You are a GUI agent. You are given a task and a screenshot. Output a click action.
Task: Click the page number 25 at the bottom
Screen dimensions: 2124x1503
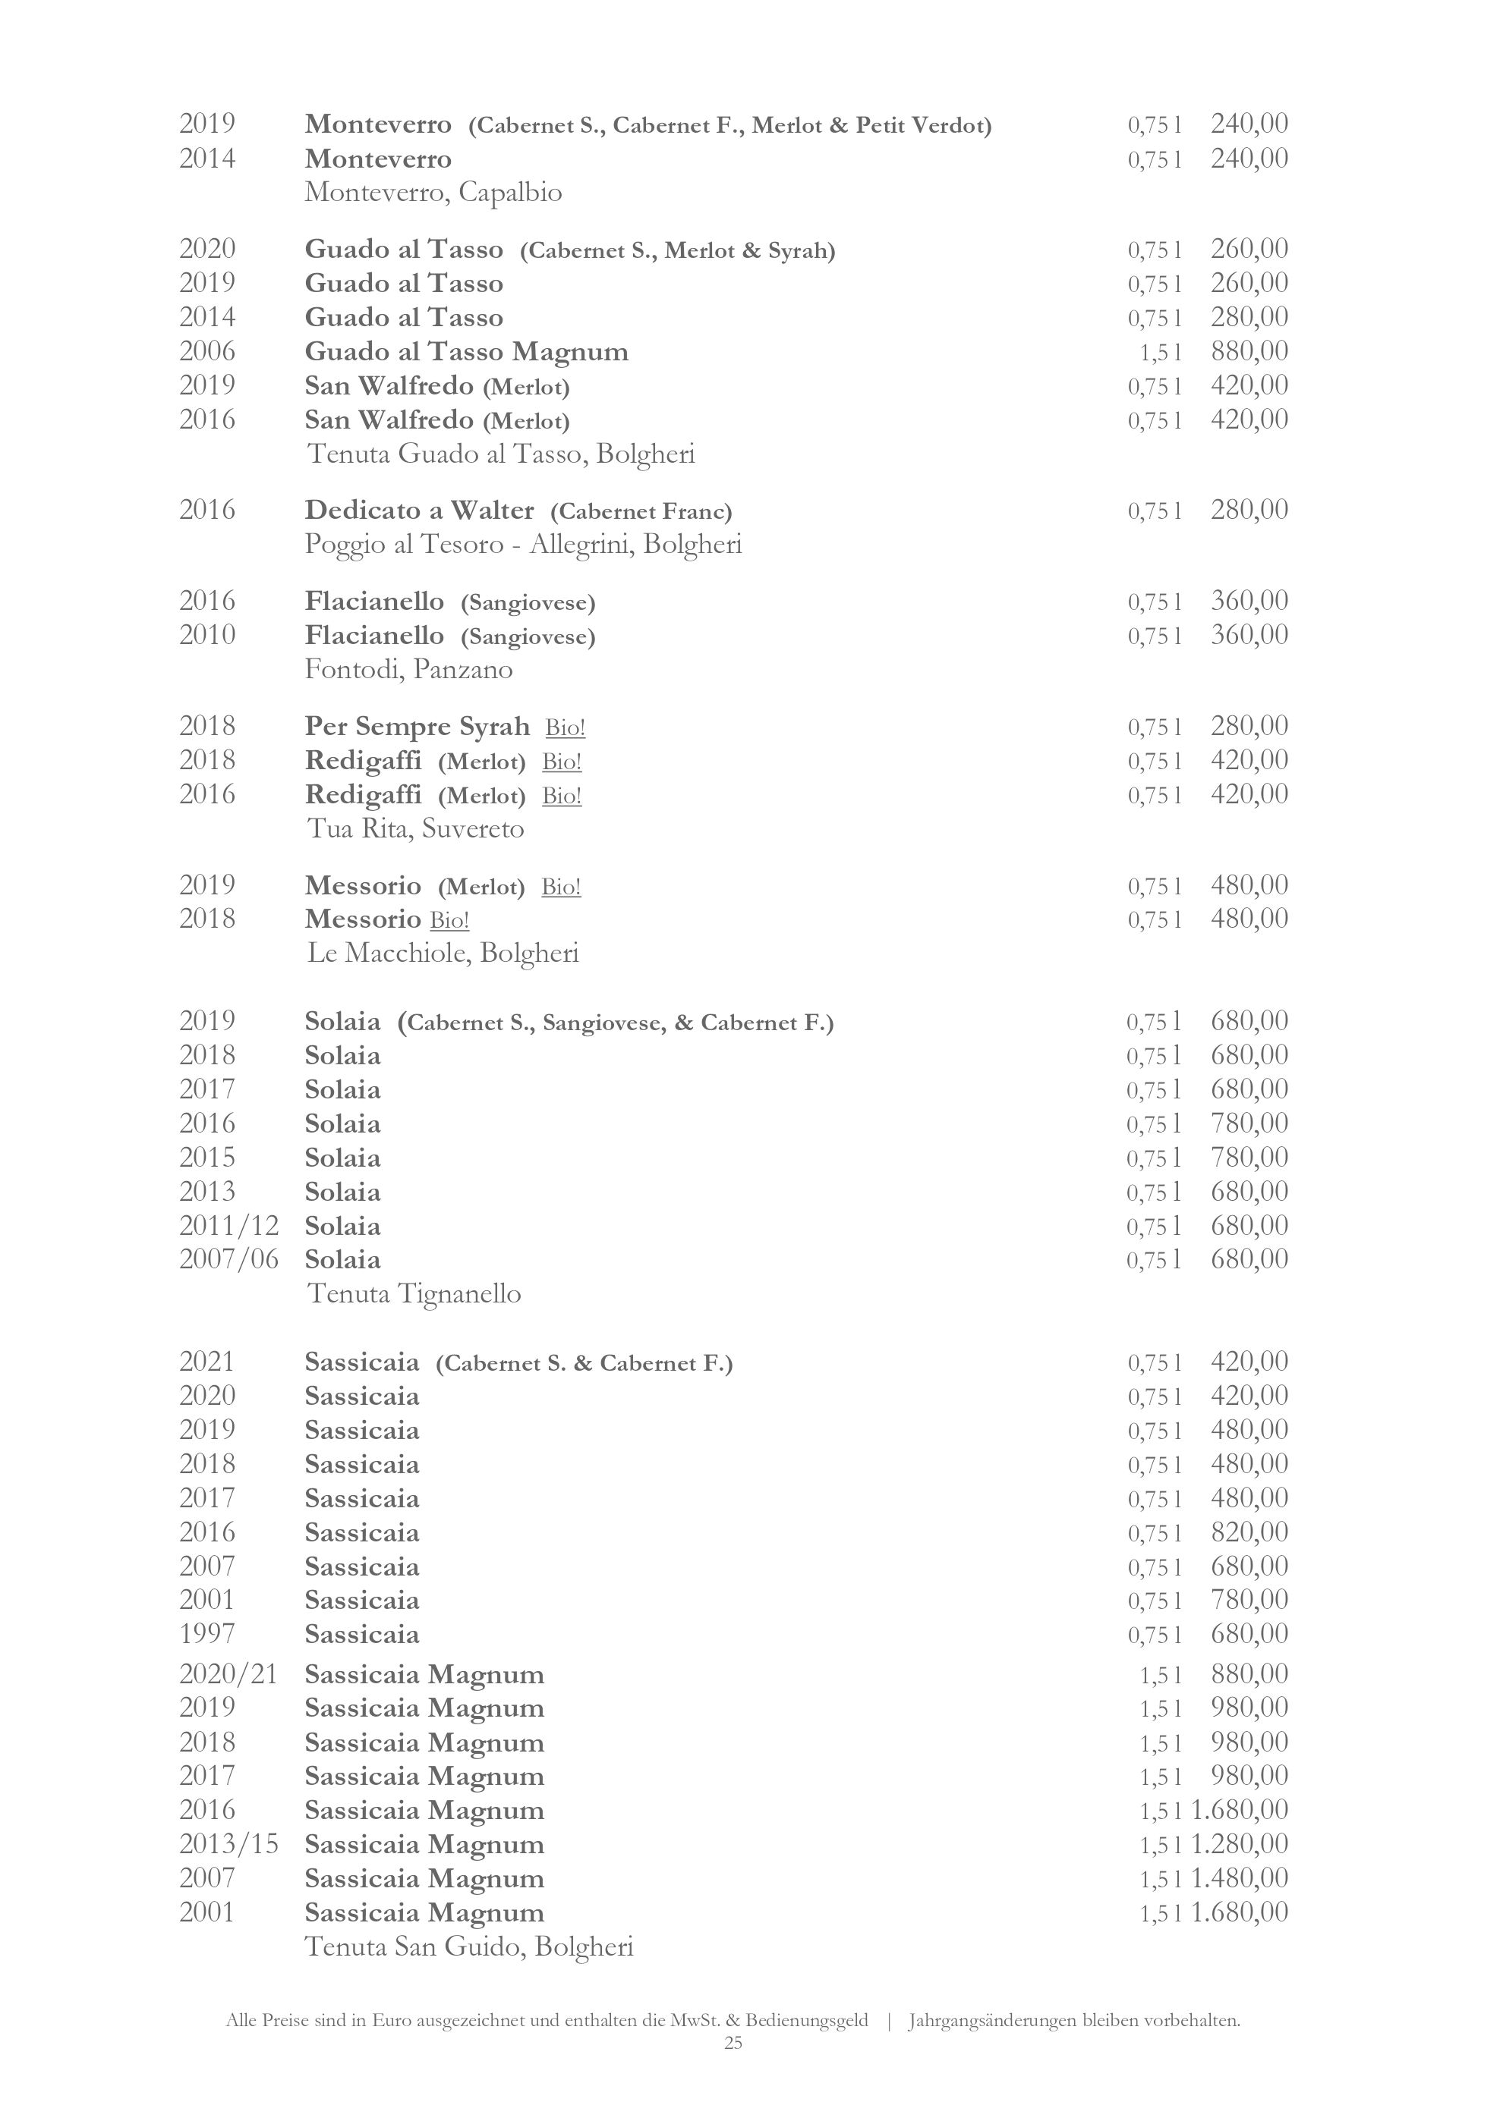click(733, 2043)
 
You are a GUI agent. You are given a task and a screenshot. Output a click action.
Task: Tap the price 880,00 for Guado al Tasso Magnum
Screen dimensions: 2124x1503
click(1249, 351)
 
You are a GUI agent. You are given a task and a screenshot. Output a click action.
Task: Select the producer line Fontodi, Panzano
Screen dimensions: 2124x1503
click(408, 669)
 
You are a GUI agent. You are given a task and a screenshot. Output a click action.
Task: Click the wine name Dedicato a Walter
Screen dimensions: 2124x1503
click(419, 511)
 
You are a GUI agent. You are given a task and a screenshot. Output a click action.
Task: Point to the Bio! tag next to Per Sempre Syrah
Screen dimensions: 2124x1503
click(565, 728)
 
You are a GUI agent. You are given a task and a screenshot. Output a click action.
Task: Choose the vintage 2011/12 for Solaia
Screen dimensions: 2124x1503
click(228, 1226)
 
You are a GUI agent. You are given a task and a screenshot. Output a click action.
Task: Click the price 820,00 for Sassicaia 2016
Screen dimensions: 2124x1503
click(1249, 1532)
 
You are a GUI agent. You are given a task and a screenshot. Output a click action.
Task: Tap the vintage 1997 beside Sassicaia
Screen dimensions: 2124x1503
click(207, 1634)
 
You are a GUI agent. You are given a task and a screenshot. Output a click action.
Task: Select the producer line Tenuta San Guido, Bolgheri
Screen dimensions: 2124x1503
click(469, 1947)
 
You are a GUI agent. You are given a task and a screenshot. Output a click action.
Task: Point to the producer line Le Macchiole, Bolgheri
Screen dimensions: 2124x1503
click(443, 953)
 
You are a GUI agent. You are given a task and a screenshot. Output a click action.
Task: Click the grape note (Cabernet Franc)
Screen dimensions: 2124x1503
click(641, 511)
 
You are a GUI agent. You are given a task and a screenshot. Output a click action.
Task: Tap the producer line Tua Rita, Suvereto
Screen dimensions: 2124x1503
click(415, 829)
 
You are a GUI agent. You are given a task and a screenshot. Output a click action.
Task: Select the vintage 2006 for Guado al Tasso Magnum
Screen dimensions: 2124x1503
click(207, 351)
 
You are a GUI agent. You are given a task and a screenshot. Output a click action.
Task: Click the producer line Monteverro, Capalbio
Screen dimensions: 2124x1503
click(433, 193)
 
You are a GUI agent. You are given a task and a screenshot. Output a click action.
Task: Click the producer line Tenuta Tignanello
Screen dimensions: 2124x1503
click(414, 1293)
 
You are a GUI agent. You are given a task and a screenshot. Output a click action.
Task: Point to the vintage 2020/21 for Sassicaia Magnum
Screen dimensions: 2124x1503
click(228, 1674)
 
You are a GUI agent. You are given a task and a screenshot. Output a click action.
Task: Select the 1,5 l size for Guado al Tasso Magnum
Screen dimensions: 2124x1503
click(1161, 353)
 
